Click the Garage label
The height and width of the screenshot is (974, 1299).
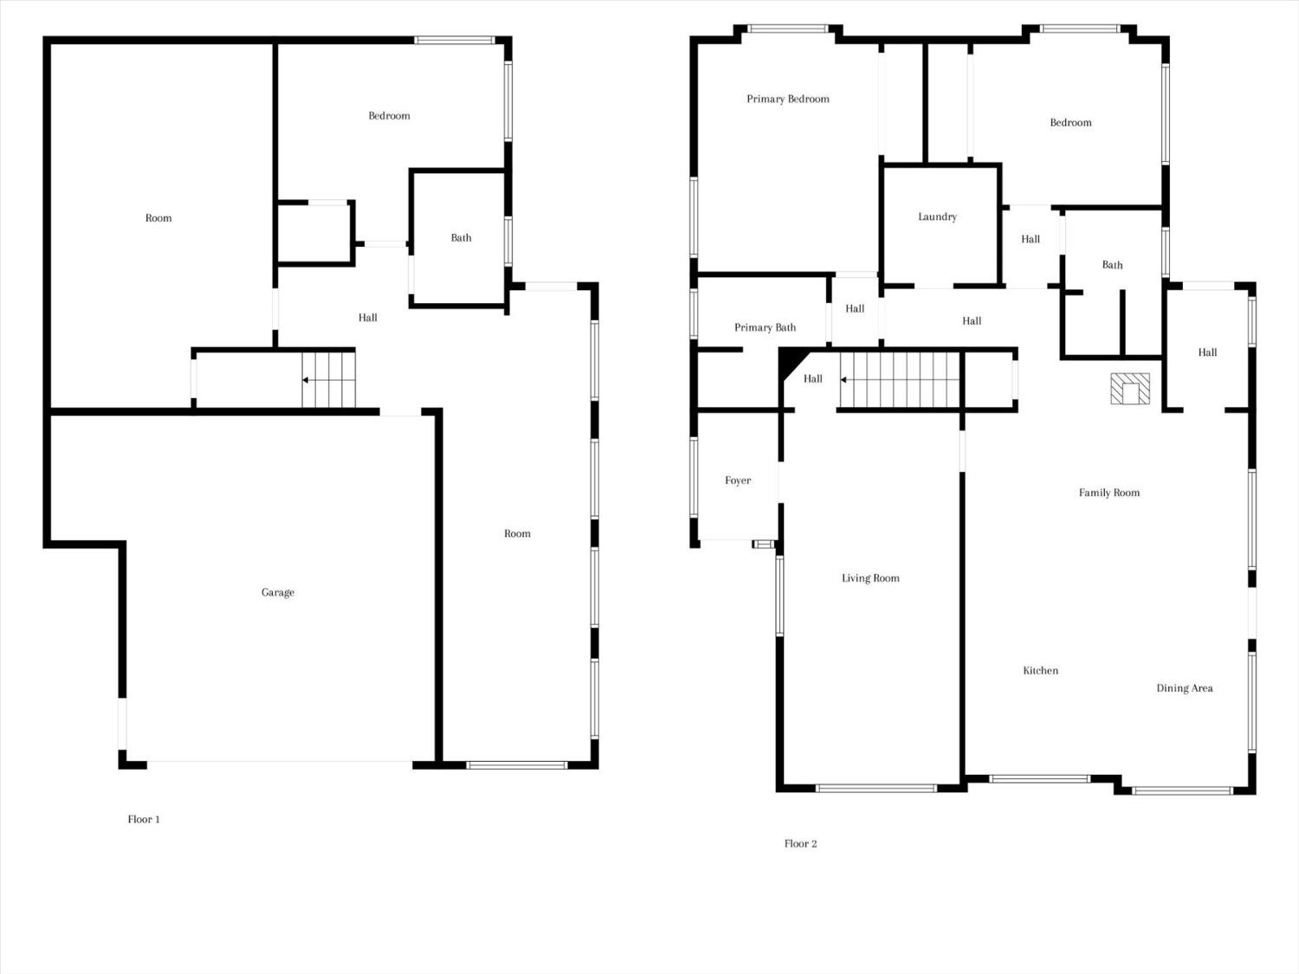278,592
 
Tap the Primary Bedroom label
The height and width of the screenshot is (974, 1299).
788,99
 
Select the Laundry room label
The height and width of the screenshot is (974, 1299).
937,216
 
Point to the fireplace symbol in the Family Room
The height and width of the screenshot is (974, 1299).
1130,389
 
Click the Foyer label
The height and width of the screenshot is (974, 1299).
738,481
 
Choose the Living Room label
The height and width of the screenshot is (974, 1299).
870,577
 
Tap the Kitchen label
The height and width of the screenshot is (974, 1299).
1040,670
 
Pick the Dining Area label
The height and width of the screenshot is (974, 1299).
1184,687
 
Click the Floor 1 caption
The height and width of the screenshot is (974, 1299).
144,819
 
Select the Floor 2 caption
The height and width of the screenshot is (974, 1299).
801,843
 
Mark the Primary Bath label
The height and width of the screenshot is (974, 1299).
766,327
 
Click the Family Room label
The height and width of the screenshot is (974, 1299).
1109,493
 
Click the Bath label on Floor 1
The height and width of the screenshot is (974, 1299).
461,238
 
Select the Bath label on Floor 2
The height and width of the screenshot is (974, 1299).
1112,265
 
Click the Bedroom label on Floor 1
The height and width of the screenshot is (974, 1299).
389,115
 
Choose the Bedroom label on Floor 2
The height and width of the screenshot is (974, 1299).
1070,122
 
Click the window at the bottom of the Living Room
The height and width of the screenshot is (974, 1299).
876,788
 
